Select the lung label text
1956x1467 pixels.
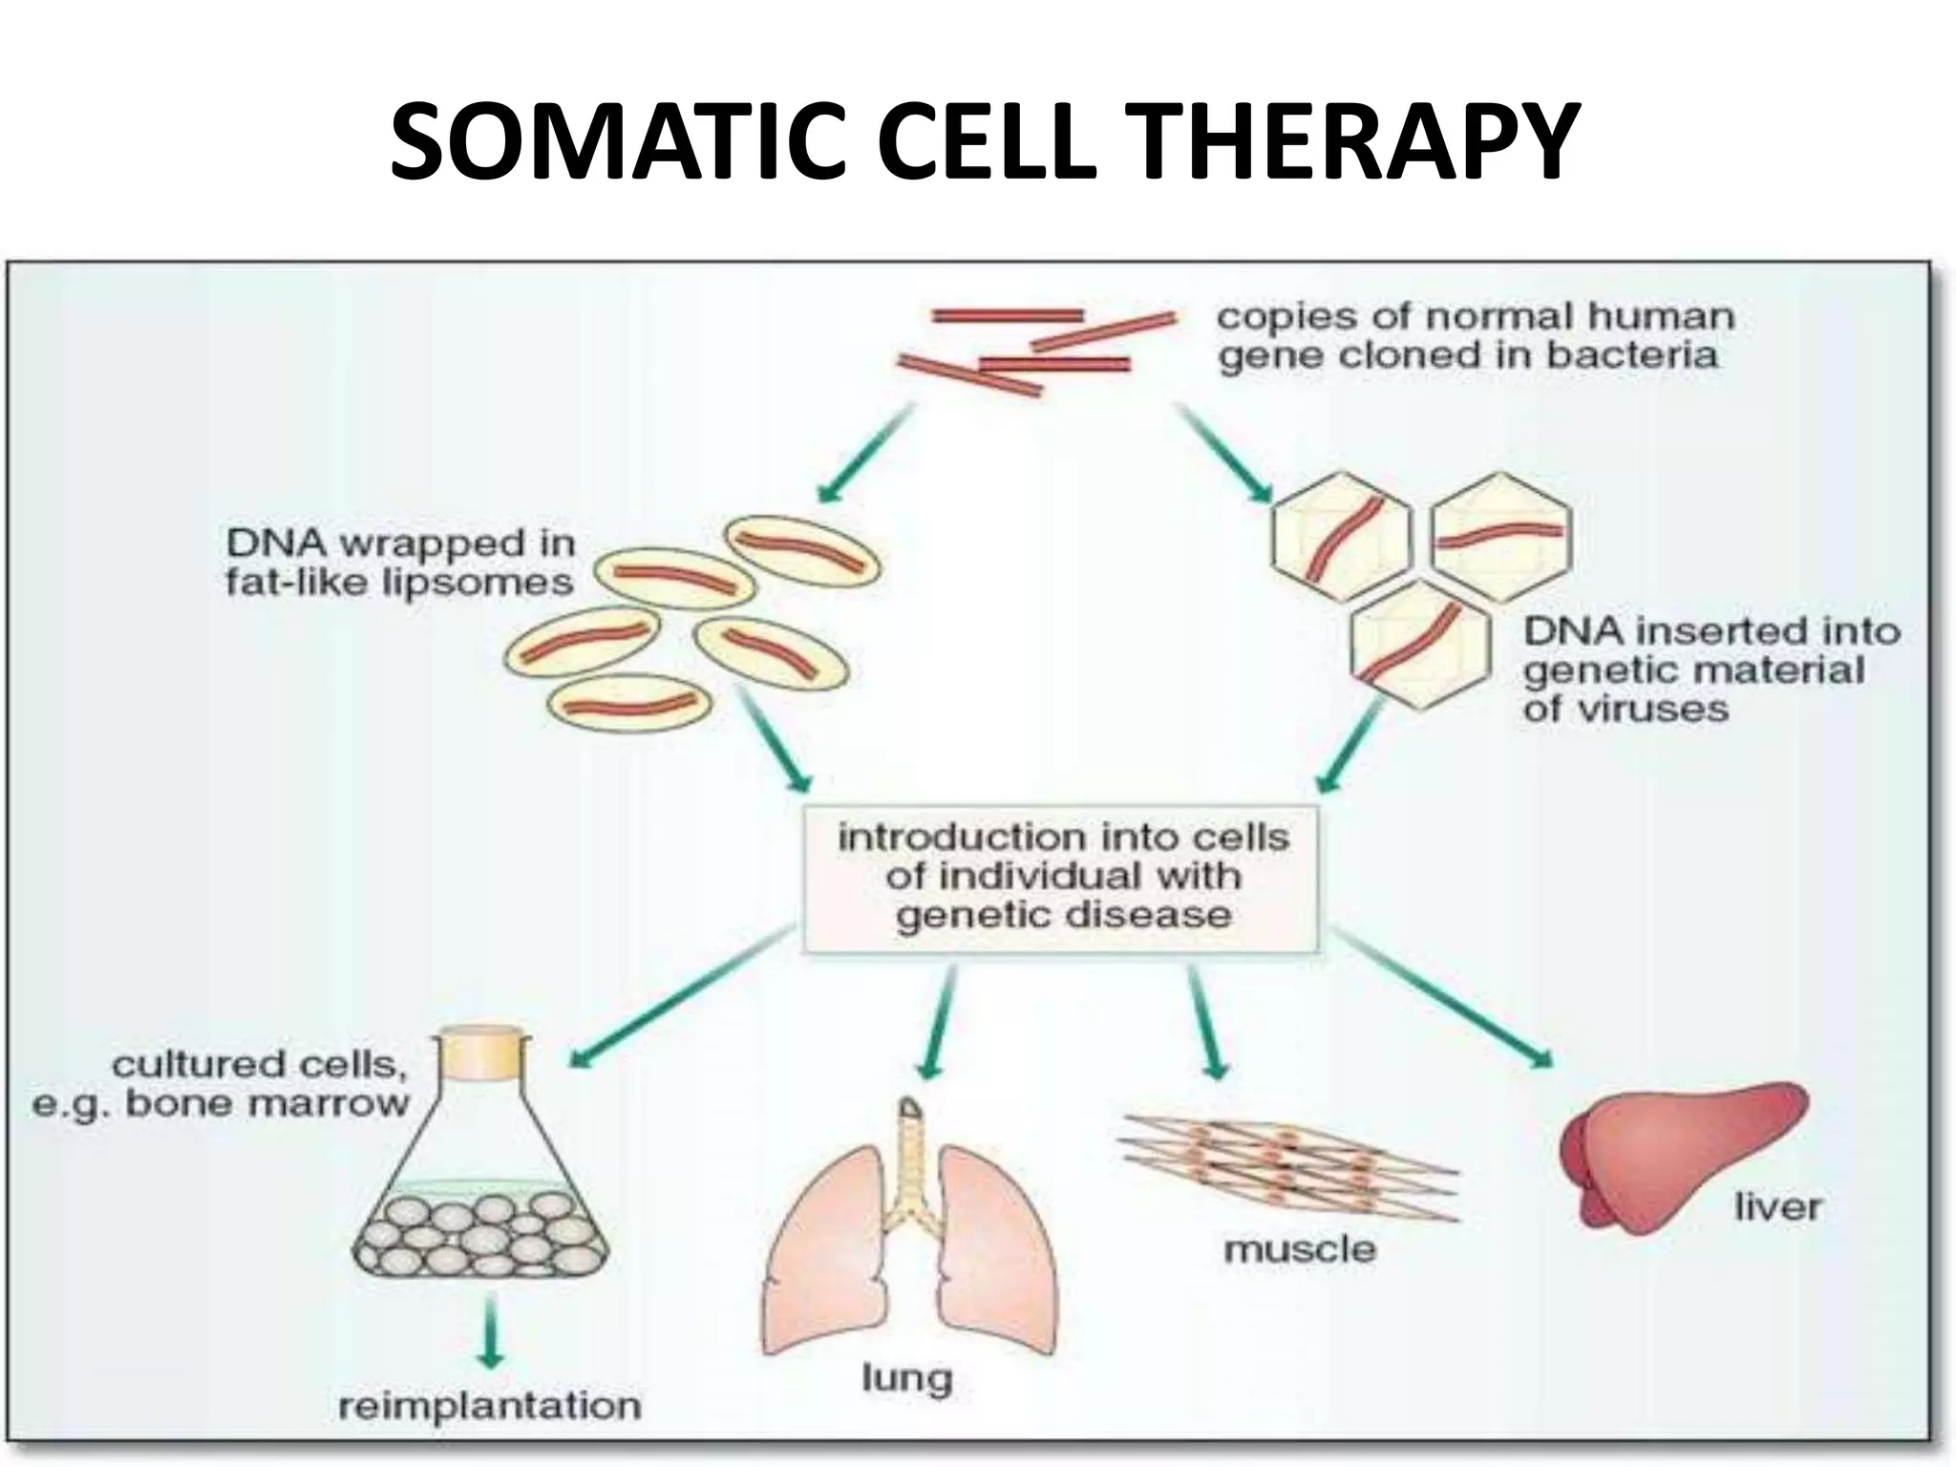[906, 1377]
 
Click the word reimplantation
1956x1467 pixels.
[490, 1405]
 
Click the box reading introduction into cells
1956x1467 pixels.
[1060, 877]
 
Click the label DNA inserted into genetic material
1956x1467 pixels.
[1710, 670]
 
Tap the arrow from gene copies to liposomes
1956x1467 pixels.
[865, 453]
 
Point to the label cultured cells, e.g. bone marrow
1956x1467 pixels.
[222, 1084]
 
